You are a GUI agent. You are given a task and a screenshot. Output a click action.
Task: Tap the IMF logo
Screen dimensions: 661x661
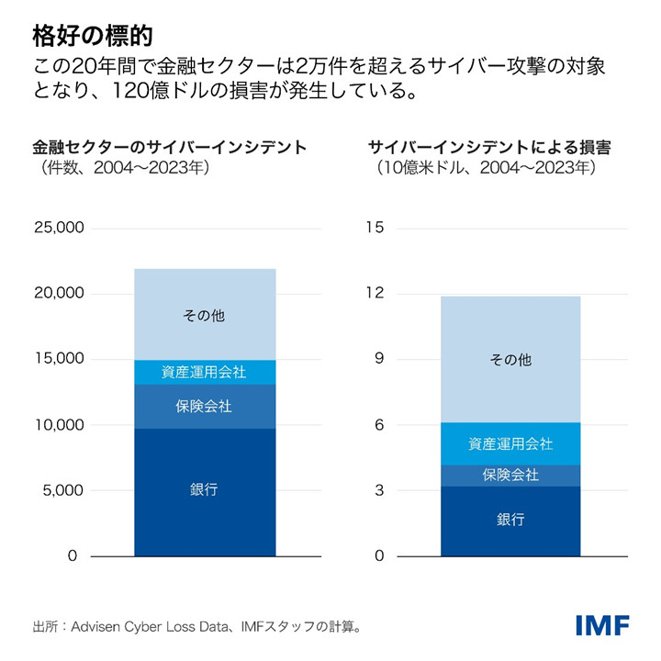pyautogui.click(x=602, y=626)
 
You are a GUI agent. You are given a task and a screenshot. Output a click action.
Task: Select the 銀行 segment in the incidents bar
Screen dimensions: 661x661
pyautogui.click(x=205, y=491)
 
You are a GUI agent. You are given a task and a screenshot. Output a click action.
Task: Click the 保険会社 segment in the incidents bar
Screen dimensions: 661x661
pyautogui.click(x=205, y=406)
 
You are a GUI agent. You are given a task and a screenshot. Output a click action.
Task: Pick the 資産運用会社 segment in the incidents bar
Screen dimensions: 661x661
pyautogui.click(x=205, y=372)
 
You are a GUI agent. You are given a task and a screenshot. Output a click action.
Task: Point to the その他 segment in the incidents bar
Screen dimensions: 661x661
pyautogui.click(x=205, y=315)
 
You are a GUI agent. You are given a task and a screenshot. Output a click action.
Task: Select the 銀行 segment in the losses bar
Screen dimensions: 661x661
pyautogui.click(x=510, y=520)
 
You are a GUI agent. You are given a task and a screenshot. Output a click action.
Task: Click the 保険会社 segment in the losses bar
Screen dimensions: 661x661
pyautogui.click(x=510, y=475)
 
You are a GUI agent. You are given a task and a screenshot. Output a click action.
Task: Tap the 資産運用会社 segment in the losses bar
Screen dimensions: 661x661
pyautogui.click(x=510, y=443)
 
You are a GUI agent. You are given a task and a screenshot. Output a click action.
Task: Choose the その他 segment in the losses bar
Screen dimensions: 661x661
pyautogui.click(x=510, y=360)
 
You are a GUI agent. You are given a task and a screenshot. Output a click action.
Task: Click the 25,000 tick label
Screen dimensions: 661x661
pyautogui.click(x=59, y=228)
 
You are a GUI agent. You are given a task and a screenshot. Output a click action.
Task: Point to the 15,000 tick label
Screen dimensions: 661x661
pyautogui.click(x=59, y=359)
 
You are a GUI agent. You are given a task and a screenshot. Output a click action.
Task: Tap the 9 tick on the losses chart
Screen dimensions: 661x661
pyautogui.click(x=377, y=359)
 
